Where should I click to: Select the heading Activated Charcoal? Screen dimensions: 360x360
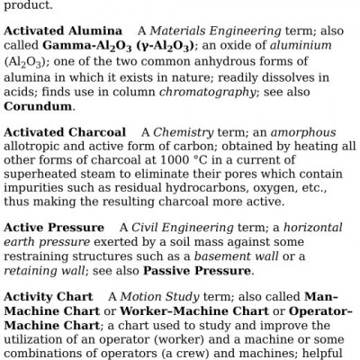pyautogui.click(x=63, y=132)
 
